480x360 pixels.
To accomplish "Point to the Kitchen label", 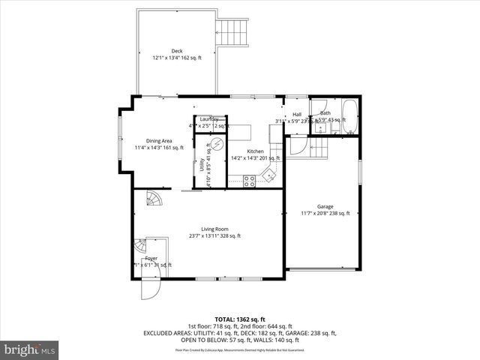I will (x=255, y=151).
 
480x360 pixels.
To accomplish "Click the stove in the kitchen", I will (x=248, y=180).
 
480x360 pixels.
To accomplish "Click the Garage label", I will (x=325, y=206).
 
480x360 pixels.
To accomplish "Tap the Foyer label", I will (x=151, y=258).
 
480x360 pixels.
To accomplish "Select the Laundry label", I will (x=209, y=119).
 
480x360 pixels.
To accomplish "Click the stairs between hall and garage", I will (x=319, y=148).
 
